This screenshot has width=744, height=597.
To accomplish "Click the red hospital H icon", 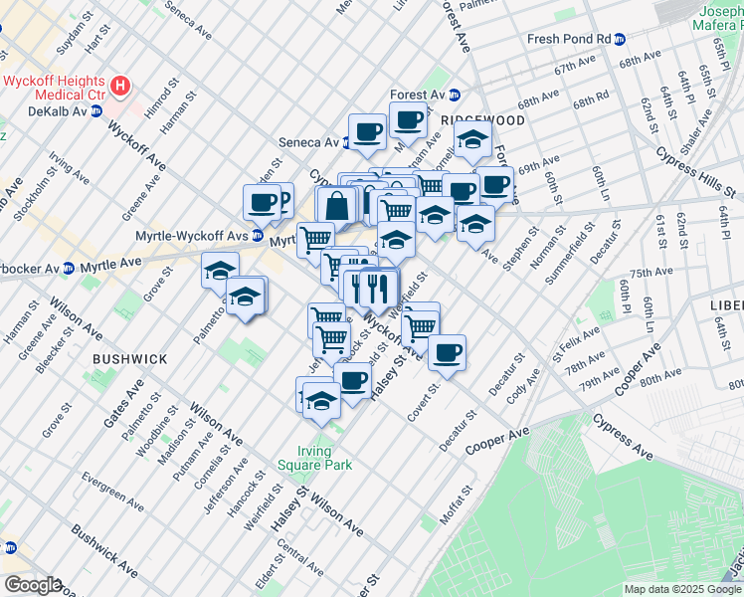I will (x=121, y=86).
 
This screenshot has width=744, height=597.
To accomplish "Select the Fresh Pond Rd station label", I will (x=569, y=39).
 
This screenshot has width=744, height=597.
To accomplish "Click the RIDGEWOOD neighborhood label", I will (x=481, y=119).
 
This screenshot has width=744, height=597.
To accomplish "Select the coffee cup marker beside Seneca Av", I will (x=367, y=131).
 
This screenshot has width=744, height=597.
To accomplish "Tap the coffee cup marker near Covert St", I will (x=447, y=351).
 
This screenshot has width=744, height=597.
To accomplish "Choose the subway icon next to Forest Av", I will (x=455, y=96).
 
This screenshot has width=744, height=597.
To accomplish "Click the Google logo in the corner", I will (x=32, y=585).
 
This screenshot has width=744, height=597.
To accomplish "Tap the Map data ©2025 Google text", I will (x=681, y=589).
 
